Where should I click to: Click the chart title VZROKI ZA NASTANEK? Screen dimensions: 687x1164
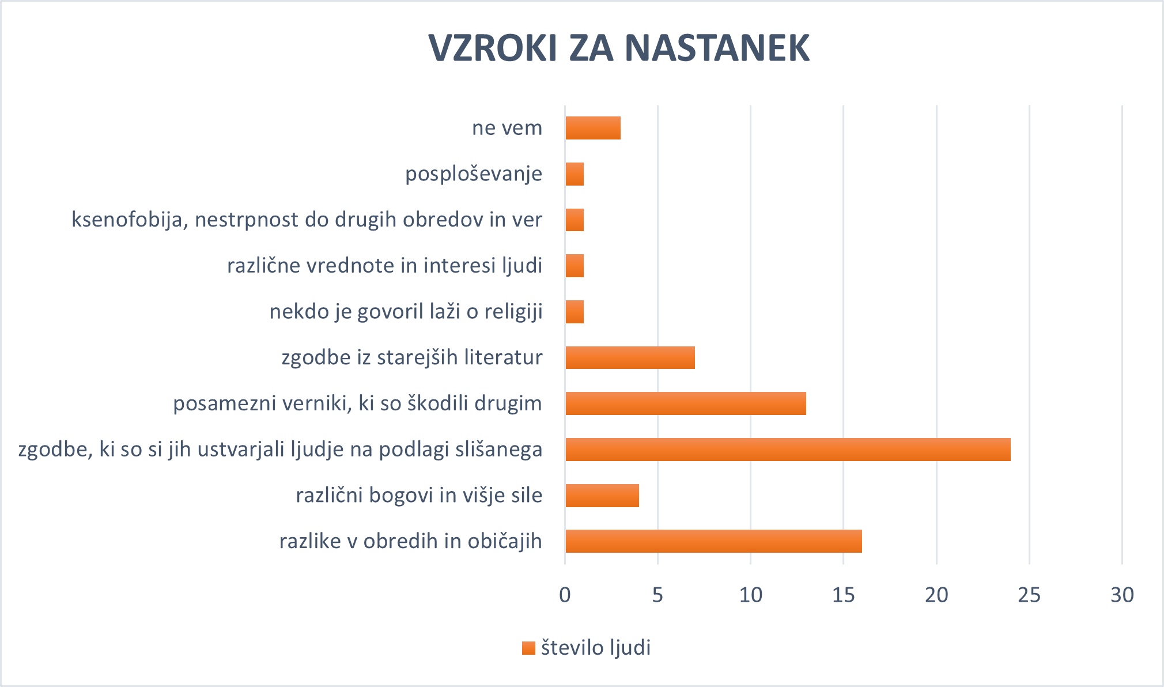coord(619,48)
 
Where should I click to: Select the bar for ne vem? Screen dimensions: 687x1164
coord(592,128)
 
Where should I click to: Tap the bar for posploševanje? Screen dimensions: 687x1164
coord(575,174)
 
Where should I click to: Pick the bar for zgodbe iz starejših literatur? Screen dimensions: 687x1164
coord(630,357)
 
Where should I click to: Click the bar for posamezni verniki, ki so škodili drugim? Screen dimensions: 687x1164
coord(685,403)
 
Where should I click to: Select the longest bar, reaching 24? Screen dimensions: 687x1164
coord(787,450)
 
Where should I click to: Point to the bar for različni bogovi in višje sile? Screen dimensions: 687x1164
coord(602,496)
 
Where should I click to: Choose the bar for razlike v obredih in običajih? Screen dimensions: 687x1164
coord(713,541)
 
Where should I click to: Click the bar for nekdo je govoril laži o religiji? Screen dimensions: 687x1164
coord(575,312)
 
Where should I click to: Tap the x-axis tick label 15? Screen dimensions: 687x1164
coord(844,595)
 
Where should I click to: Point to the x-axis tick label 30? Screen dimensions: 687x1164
coord(1122,595)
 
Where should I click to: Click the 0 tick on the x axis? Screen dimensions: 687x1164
coord(565,595)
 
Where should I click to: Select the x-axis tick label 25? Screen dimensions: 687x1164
coord(1029,595)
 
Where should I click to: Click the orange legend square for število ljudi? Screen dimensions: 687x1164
coord(528,648)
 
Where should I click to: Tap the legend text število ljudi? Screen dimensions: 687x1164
coord(596,648)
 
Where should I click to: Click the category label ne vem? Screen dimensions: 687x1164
coord(507,128)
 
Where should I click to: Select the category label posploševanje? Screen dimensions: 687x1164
coord(474,174)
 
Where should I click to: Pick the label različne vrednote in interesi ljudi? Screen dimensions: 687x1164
coord(384,266)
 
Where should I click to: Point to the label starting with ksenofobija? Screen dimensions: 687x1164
coord(307,220)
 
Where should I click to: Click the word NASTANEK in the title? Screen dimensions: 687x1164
coord(717,48)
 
